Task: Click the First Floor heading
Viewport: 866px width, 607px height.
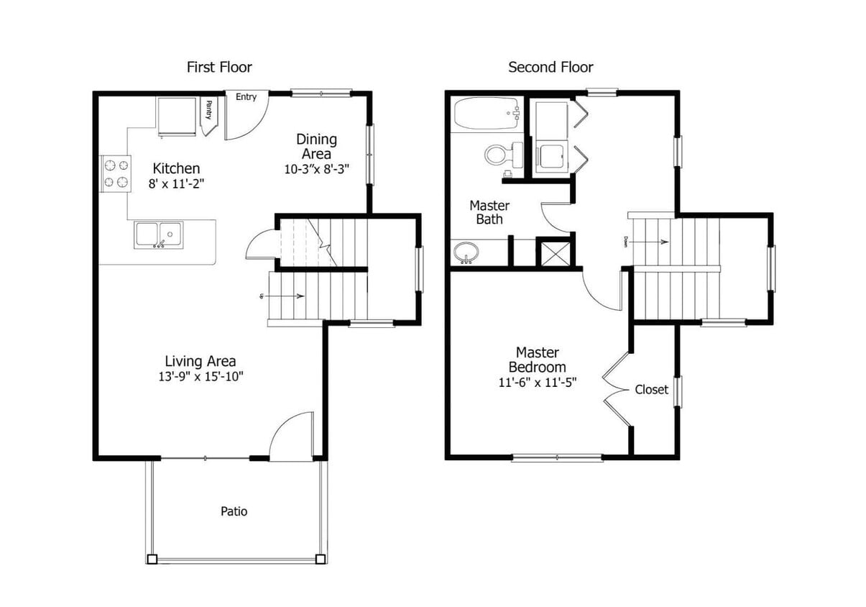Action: click(219, 68)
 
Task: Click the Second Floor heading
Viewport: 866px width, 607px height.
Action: click(551, 68)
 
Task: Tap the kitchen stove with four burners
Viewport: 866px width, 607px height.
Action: click(116, 173)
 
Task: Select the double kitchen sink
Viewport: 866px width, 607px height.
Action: click(158, 234)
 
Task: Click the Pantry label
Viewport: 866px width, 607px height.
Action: click(208, 110)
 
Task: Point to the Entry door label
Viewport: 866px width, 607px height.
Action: click(246, 97)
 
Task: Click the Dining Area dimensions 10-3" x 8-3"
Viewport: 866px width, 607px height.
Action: click(316, 170)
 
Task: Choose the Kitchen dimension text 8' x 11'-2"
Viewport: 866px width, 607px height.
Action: click(177, 184)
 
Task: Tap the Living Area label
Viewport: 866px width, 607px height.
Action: click(201, 362)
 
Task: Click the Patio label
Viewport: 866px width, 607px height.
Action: click(234, 511)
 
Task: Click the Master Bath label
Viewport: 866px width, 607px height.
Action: click(489, 212)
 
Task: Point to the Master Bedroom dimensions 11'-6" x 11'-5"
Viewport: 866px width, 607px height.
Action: click(538, 383)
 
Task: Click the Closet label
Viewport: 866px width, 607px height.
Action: click(651, 390)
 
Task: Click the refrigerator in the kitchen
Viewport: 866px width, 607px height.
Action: click(176, 117)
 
